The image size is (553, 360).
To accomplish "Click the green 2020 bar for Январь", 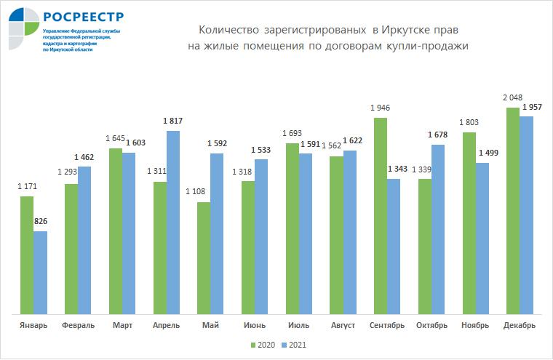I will point(27,255).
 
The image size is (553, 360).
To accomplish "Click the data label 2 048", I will point(512,97).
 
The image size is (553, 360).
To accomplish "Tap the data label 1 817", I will point(174,121).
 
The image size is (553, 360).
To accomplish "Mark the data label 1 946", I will point(381,108).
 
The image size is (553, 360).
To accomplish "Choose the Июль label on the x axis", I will point(298,325).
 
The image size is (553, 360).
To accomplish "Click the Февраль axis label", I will point(78,325).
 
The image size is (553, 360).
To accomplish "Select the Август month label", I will point(343,325).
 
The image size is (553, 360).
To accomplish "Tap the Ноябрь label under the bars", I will point(475,325).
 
